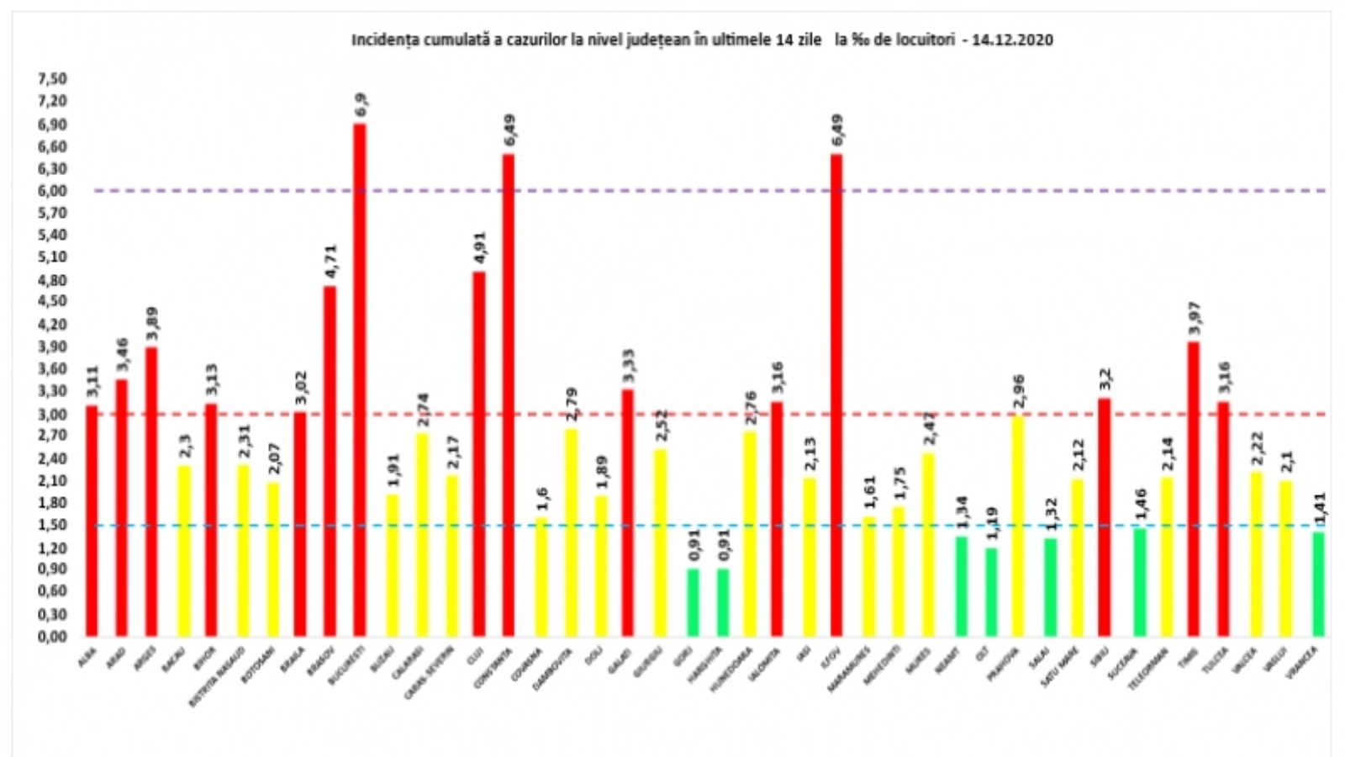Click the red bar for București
click(360, 378)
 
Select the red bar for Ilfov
click(836, 395)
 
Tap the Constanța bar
click(509, 395)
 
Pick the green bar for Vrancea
click(1318, 584)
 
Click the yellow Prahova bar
click(1018, 526)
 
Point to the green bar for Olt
click(992, 592)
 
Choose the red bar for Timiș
click(1194, 489)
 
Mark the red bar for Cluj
click(479, 454)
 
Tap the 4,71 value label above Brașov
click(330, 262)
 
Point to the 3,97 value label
click(1194, 319)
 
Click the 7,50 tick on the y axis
click(51, 79)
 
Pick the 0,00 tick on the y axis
click(51, 637)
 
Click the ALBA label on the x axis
click(87, 656)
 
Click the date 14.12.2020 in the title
click(1012, 40)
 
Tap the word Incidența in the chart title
click(382, 40)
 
